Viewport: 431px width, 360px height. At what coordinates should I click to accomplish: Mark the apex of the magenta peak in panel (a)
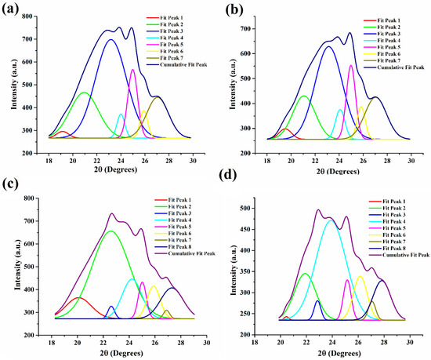pos(132,70)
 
